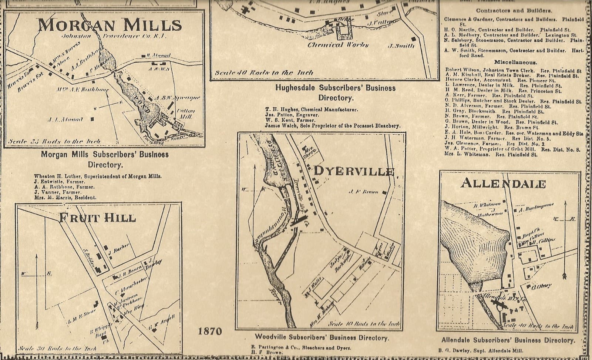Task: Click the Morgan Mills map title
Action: click(x=110, y=25)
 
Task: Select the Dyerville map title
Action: click(x=354, y=171)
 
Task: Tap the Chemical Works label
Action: click(x=339, y=45)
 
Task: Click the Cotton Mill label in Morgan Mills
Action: click(x=185, y=114)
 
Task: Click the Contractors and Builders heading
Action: click(x=514, y=10)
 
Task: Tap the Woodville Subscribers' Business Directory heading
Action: click(x=322, y=337)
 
